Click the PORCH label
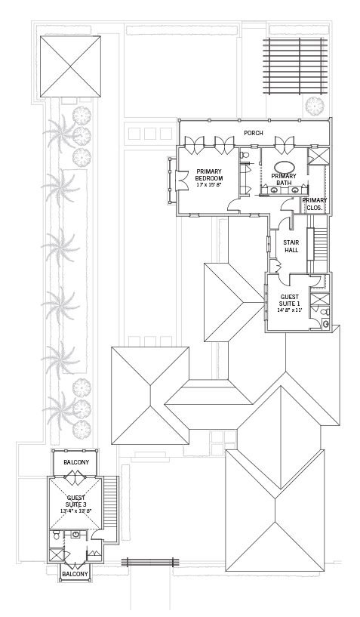click(x=254, y=133)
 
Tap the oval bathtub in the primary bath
click(x=284, y=166)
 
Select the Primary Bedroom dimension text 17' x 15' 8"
click(x=209, y=184)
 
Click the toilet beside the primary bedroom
click(x=245, y=155)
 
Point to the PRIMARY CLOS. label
click(x=315, y=204)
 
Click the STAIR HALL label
click(x=291, y=246)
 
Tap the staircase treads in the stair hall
click(x=321, y=245)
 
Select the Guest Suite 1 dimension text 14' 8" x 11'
click(x=288, y=310)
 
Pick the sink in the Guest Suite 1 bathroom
click(x=326, y=324)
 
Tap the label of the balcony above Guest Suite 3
click(x=76, y=462)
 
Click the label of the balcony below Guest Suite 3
click(x=75, y=574)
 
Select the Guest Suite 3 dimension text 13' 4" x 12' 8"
click(x=76, y=511)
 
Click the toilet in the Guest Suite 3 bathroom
click(x=56, y=535)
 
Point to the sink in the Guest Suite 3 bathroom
click(x=75, y=534)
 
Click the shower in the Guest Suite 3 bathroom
click(x=56, y=555)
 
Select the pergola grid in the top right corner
click(x=295, y=66)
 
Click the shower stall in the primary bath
click(x=318, y=155)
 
